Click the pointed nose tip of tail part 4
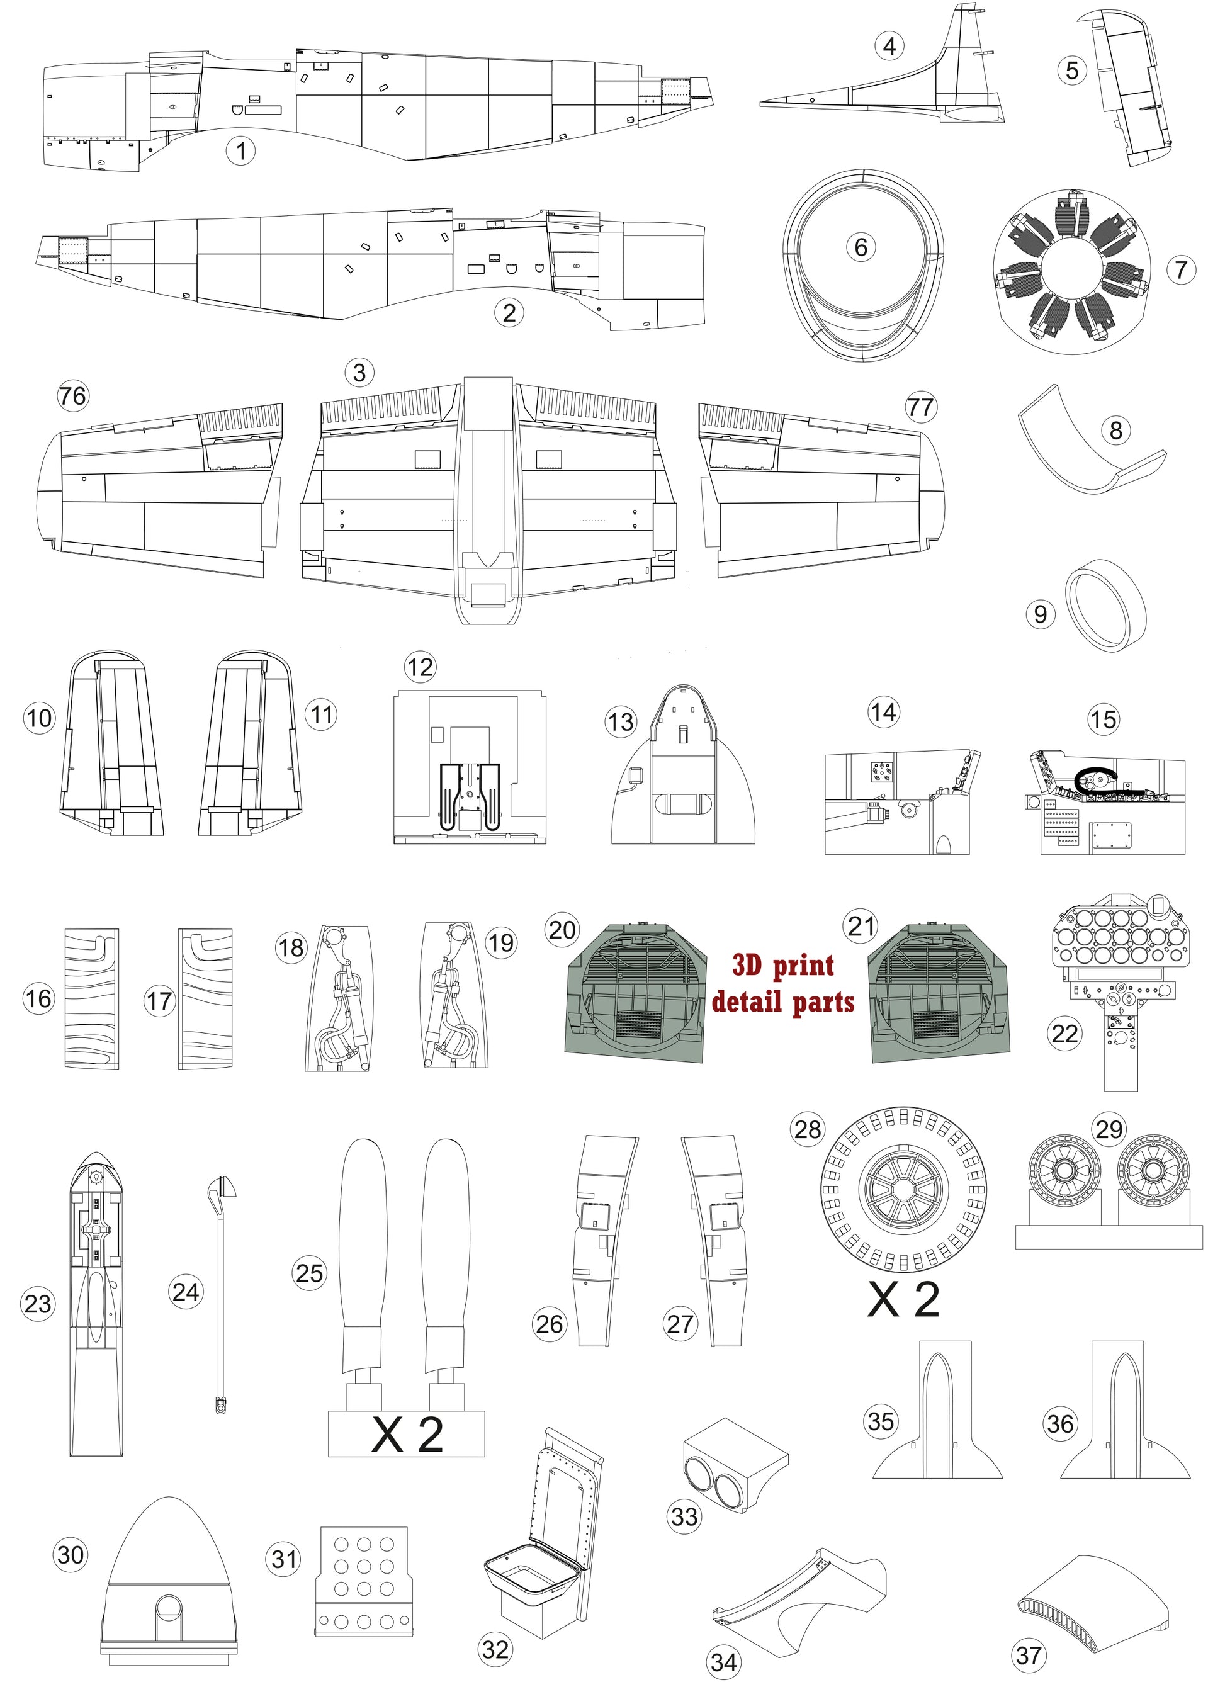tap(762, 104)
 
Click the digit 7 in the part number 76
tap(67, 396)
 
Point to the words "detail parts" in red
tap(783, 1001)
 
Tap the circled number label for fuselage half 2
tap(509, 312)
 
